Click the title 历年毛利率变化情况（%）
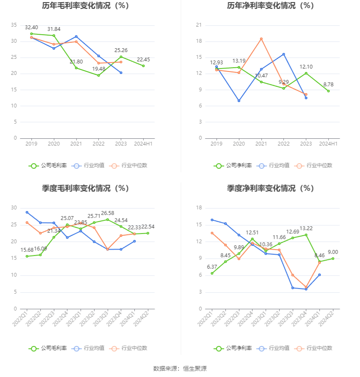coord(85,6)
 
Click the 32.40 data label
coord(31,28)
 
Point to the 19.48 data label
coord(98,69)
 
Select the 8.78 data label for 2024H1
coord(328,85)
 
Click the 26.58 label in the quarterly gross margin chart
coord(108,213)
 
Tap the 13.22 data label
coord(306,228)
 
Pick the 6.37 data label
coord(212,267)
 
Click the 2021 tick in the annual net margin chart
coord(261,144)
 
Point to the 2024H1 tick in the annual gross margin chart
coord(143,144)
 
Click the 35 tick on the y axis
coord(14,25)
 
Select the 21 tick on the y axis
coord(199,25)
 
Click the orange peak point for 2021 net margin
coord(261,39)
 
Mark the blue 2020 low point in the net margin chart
coord(239,101)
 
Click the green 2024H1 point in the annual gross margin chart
coord(143,66)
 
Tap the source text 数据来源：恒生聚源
coord(180,369)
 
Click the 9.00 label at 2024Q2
coord(332,252)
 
